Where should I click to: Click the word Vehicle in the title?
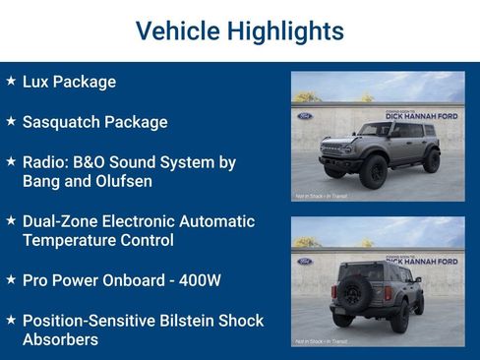pos(177,31)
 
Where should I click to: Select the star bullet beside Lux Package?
pos(11,81)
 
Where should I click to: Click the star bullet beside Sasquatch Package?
pos(11,121)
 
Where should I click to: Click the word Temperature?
pos(75,240)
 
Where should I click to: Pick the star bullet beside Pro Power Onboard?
pos(11,279)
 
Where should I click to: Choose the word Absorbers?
pos(60,339)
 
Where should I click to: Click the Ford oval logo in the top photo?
pos(304,116)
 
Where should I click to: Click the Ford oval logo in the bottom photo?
pos(304,262)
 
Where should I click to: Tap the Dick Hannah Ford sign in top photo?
pos(420,116)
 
